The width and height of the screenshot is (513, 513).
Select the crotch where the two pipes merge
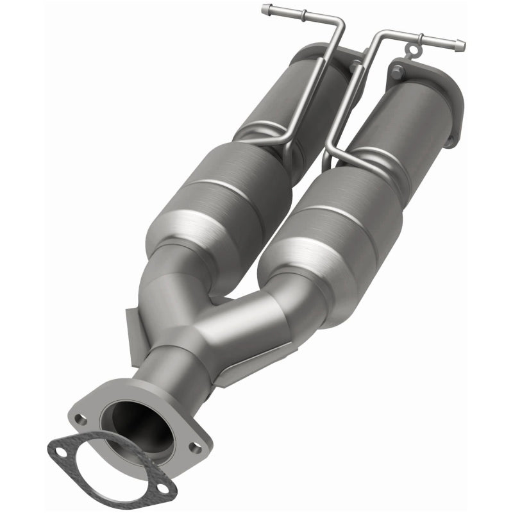(x=221, y=298)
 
